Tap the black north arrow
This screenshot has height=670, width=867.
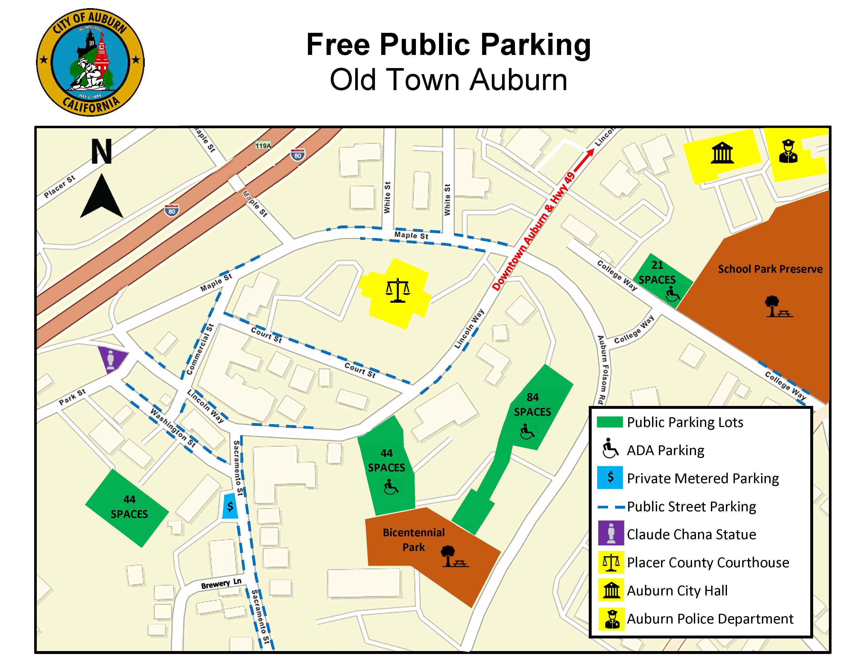[x=102, y=197]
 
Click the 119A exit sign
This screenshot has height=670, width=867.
[x=263, y=146]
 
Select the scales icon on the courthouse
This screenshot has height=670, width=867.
[x=397, y=291]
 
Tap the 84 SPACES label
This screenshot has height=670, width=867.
[x=532, y=404]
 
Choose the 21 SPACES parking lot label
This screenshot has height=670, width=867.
[x=657, y=272]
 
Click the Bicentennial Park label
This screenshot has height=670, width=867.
[x=414, y=539]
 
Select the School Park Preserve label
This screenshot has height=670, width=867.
[x=770, y=269]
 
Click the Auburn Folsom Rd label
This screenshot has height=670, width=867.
[x=602, y=369]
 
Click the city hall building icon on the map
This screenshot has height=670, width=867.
[x=722, y=153]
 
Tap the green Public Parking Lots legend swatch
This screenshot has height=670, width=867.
[x=610, y=422]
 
